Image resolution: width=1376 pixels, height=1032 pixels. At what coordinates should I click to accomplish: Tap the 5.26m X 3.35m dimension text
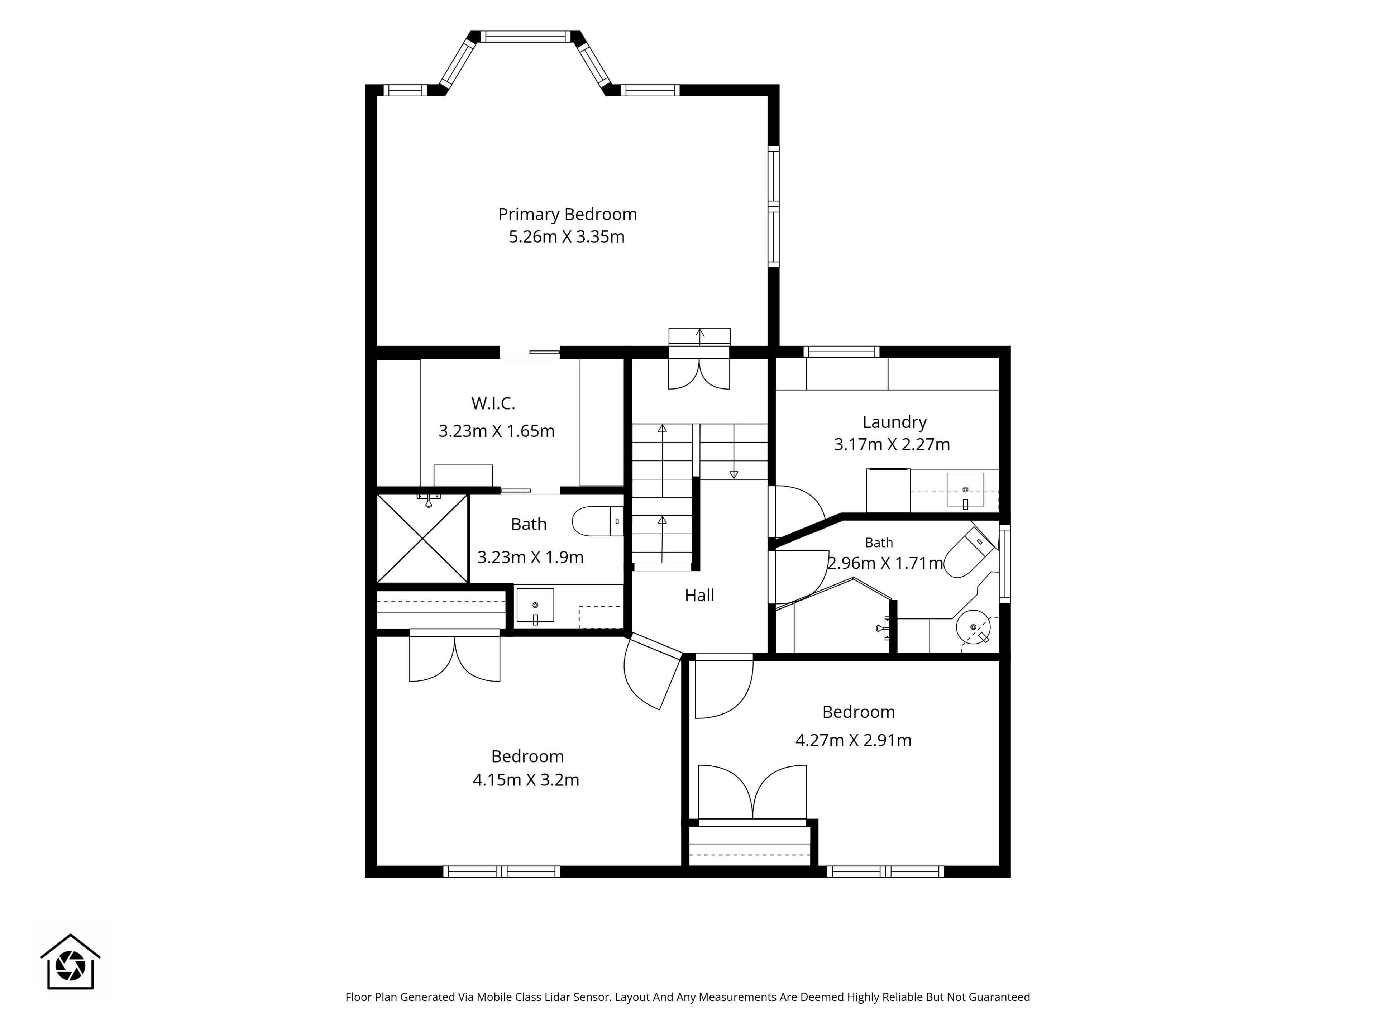tap(567, 237)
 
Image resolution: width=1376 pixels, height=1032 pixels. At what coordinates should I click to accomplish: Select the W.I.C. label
tap(493, 404)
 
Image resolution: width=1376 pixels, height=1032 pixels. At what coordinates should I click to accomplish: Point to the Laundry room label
tap(894, 422)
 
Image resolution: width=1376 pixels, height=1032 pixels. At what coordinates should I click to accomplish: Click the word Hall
tap(699, 595)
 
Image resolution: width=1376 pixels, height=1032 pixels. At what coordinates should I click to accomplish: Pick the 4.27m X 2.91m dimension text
tap(854, 740)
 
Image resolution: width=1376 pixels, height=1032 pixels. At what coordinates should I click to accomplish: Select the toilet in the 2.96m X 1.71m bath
tap(970, 553)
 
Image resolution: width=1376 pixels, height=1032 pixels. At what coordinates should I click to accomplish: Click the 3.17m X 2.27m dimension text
tap(892, 445)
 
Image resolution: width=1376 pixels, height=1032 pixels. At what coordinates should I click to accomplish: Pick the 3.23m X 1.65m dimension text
tap(496, 431)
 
